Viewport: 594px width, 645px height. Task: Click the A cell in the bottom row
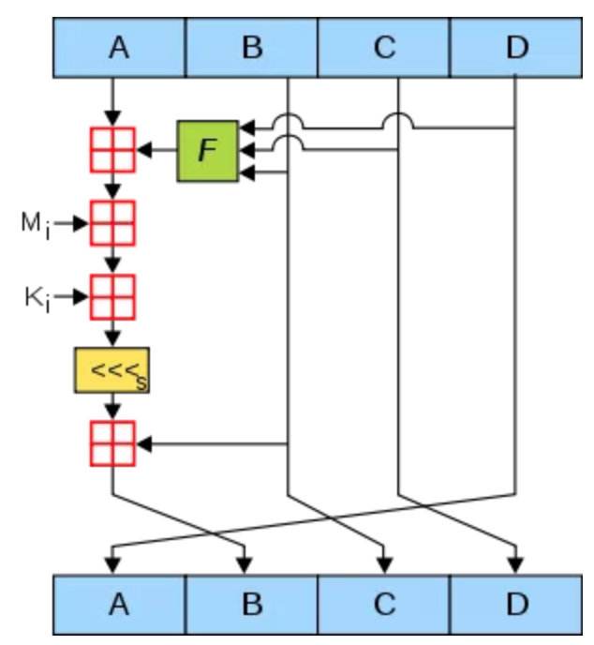[118, 603]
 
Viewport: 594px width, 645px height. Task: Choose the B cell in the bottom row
[251, 603]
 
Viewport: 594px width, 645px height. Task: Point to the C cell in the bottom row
[384, 603]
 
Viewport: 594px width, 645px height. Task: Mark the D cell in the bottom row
[516, 603]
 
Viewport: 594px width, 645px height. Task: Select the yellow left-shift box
[112, 370]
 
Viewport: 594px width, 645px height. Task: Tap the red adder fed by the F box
[112, 149]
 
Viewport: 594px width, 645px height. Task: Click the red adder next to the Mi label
[112, 223]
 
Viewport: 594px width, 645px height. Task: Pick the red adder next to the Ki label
[112, 297]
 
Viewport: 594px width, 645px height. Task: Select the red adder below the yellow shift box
[112, 443]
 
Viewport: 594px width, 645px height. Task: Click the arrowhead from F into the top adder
[143, 149]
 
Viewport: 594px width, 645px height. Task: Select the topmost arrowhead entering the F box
[246, 127]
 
